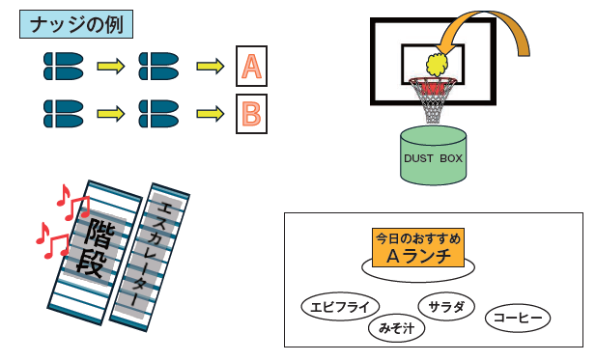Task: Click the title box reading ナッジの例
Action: click(76, 24)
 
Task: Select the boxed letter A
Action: click(251, 67)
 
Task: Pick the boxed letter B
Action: click(251, 114)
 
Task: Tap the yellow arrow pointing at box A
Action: click(211, 67)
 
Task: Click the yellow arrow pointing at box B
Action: click(211, 114)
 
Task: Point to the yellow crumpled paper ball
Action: click(437, 65)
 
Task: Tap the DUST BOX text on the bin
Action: click(433, 158)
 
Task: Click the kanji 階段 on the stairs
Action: click(95, 247)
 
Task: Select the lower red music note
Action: click(53, 240)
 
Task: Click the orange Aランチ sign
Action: click(418, 248)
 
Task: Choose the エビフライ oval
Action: click(340, 306)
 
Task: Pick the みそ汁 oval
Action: click(396, 328)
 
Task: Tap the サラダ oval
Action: click(446, 306)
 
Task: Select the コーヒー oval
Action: click(518, 318)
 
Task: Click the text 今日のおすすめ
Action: click(418, 238)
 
